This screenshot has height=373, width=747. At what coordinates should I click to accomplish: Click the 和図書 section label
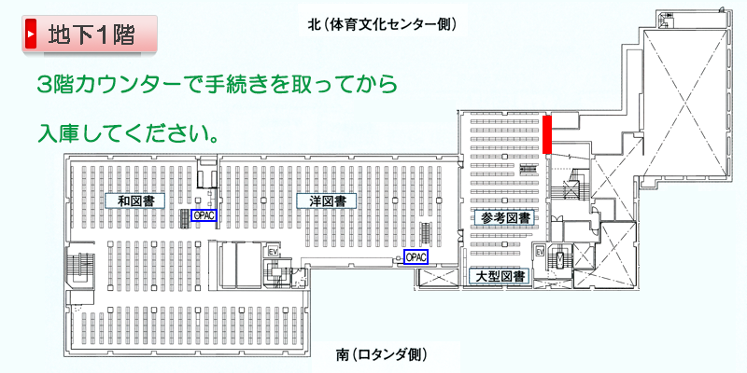pos(135,200)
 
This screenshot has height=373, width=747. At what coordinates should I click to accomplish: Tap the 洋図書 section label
pos(326,200)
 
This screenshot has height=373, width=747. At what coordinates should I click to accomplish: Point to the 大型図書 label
pos(500,276)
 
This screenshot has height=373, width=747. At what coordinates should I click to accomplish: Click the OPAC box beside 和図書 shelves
pos(204,215)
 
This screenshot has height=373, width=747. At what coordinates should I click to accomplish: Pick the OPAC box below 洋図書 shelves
pos(416,257)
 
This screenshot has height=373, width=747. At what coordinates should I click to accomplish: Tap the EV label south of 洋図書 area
pos(274,250)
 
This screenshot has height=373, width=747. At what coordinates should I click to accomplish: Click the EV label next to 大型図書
pos(540,250)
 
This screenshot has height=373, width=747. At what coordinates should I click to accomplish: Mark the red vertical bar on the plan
pos(547,134)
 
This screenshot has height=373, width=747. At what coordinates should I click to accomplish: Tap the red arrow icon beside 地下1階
pos(31,34)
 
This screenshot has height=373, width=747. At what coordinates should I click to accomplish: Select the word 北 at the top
pos(314,24)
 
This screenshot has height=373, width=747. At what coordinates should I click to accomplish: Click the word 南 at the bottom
pos(342,354)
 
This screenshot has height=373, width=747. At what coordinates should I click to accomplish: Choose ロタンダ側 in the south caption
pos(388,354)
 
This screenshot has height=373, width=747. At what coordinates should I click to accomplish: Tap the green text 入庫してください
pos(129,132)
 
